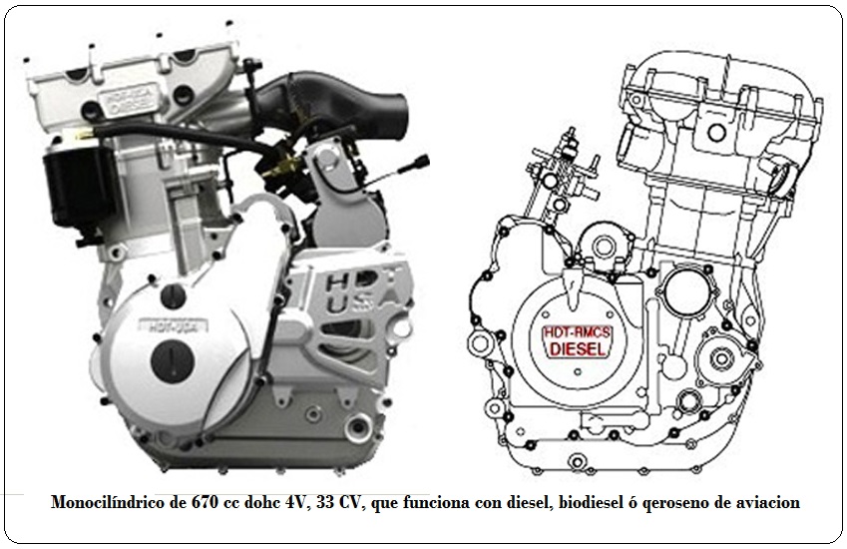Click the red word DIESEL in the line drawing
tap(578, 349)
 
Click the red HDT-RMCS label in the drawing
tap(578, 332)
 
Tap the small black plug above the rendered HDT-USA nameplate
tap(173, 293)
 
